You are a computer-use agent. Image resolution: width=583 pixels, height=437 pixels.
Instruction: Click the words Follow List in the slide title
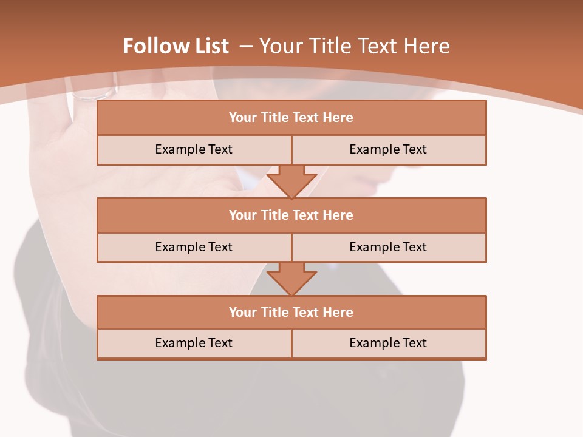[176, 46]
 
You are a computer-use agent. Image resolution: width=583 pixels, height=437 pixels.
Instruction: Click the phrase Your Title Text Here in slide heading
[354, 46]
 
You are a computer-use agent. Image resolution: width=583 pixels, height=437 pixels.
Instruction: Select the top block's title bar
[291, 118]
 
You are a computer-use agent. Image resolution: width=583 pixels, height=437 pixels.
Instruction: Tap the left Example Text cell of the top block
[194, 150]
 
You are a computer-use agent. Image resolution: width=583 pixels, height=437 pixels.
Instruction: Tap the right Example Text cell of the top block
[388, 150]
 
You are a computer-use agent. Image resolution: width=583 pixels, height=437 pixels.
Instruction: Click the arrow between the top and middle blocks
[291, 181]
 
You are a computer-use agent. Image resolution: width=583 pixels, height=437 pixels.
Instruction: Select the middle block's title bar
[291, 215]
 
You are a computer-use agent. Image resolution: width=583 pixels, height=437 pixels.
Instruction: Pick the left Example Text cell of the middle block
[194, 248]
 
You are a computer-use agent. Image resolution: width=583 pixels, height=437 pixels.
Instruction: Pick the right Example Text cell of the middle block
[388, 248]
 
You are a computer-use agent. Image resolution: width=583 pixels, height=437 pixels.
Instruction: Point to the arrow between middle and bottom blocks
[291, 279]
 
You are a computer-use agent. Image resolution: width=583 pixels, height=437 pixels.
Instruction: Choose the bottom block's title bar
[291, 313]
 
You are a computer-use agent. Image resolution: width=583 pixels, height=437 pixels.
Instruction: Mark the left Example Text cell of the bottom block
[194, 344]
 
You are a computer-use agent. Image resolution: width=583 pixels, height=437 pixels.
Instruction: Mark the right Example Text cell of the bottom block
[388, 344]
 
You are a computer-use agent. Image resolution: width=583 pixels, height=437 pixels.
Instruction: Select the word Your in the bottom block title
[242, 313]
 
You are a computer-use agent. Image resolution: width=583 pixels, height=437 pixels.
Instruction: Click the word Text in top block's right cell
[414, 150]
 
